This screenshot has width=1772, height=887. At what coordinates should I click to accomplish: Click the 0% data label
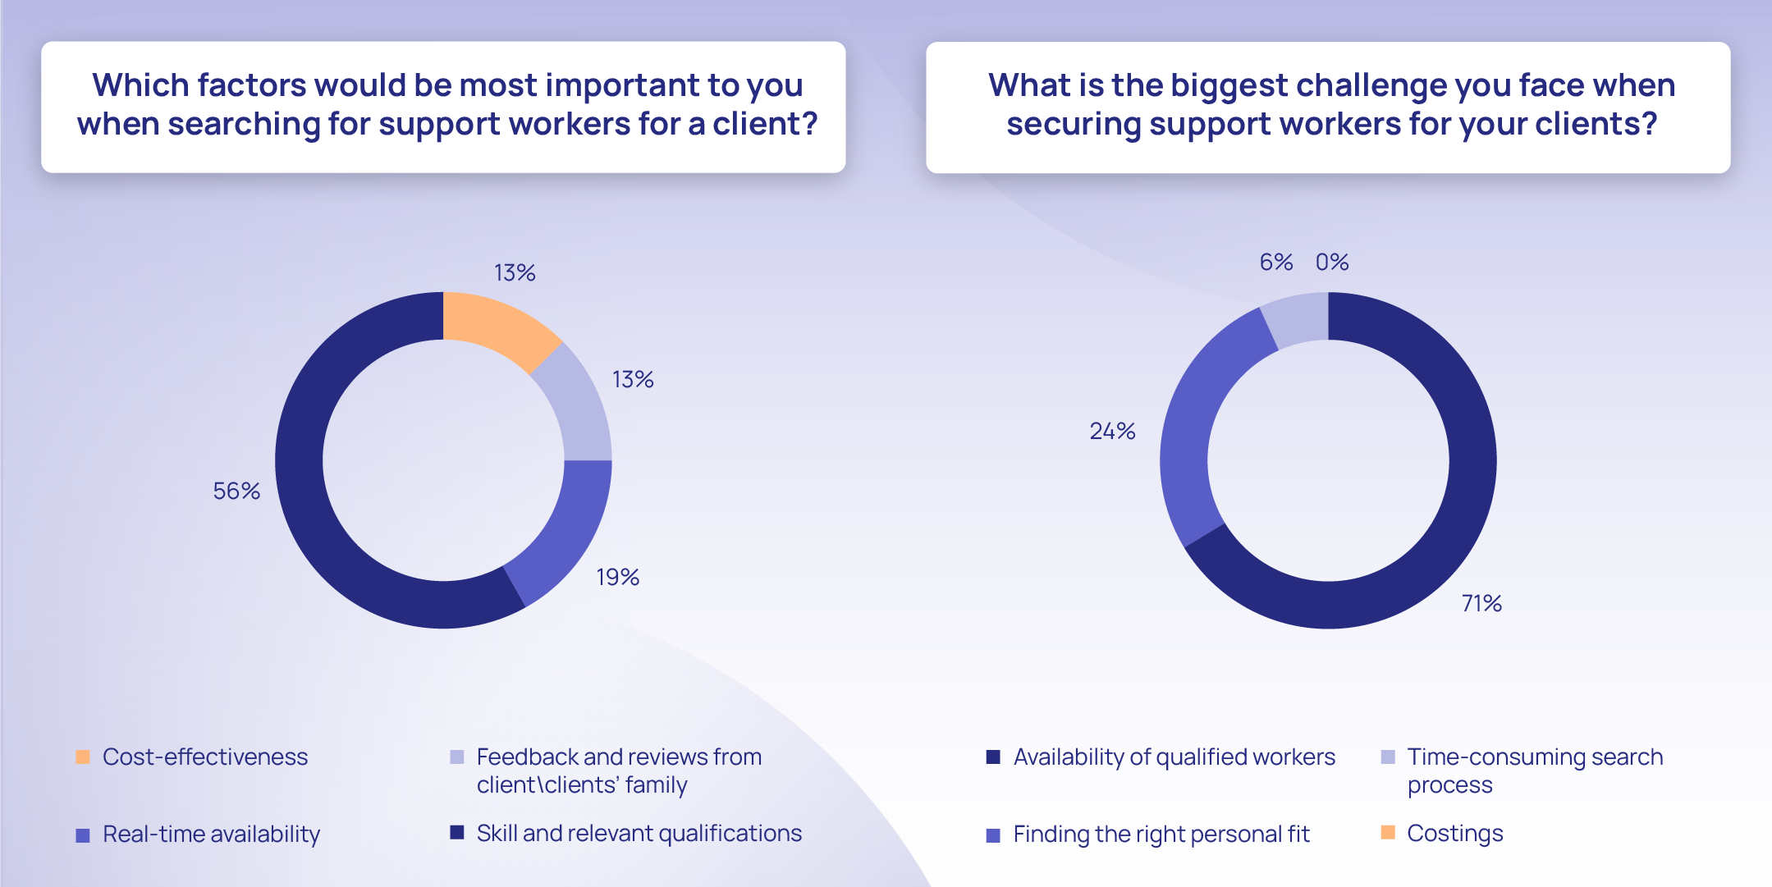click(x=1332, y=263)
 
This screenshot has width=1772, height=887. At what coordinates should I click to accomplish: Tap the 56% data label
click(x=236, y=491)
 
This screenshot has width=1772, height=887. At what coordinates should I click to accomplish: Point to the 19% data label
click(x=617, y=578)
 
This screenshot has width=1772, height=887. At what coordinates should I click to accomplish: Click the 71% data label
click(x=1481, y=604)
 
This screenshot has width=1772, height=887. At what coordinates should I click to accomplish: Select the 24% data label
click(x=1112, y=432)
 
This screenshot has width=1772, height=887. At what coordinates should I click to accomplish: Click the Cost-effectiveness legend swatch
click(x=83, y=757)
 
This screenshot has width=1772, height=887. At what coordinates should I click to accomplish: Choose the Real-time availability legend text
click(x=211, y=834)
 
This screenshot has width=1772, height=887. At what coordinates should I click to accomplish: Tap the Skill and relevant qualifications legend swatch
click(x=457, y=833)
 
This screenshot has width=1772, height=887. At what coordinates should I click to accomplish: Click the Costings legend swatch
click(x=1388, y=833)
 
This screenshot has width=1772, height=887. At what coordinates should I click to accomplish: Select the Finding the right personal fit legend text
click(x=1161, y=834)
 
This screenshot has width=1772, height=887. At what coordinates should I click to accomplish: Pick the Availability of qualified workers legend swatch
click(x=993, y=757)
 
